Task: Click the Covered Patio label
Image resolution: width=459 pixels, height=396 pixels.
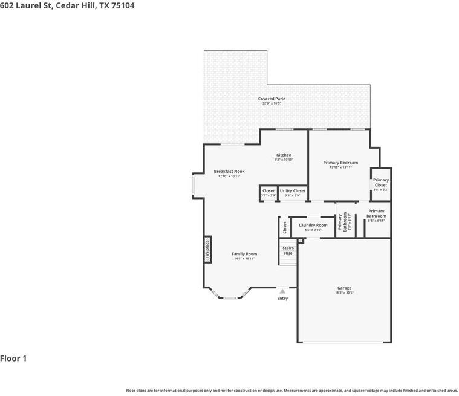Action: coord(272,99)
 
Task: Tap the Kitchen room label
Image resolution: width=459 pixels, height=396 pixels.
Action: coord(284,155)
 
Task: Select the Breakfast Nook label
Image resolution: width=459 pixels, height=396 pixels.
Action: coord(229,172)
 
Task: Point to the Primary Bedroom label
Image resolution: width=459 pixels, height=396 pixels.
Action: coord(340,163)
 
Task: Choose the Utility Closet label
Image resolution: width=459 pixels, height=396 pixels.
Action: coord(292,191)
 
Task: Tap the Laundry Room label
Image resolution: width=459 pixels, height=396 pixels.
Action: coord(313,225)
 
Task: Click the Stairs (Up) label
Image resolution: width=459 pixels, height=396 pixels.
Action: coord(288,250)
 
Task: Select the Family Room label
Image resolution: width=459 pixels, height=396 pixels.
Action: coord(244,254)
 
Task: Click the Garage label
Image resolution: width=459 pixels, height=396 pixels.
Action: coord(344,288)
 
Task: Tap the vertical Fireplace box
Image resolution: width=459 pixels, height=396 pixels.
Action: coord(207,249)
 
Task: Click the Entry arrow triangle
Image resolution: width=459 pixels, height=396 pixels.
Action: coord(282,291)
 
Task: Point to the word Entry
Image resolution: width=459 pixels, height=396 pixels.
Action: coord(282,299)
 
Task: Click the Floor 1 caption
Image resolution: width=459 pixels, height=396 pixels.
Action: coord(13,359)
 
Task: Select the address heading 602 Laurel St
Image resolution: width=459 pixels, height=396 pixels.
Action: coord(67,5)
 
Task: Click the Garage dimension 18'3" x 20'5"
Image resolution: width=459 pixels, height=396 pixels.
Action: coord(344,293)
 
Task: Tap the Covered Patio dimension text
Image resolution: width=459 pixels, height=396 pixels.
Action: coord(272,103)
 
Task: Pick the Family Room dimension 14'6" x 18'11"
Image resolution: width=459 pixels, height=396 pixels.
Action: coord(244,259)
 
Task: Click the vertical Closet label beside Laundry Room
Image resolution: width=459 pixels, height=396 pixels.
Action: coord(285,227)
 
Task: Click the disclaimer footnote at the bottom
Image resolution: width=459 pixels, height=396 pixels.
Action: coord(291,391)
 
